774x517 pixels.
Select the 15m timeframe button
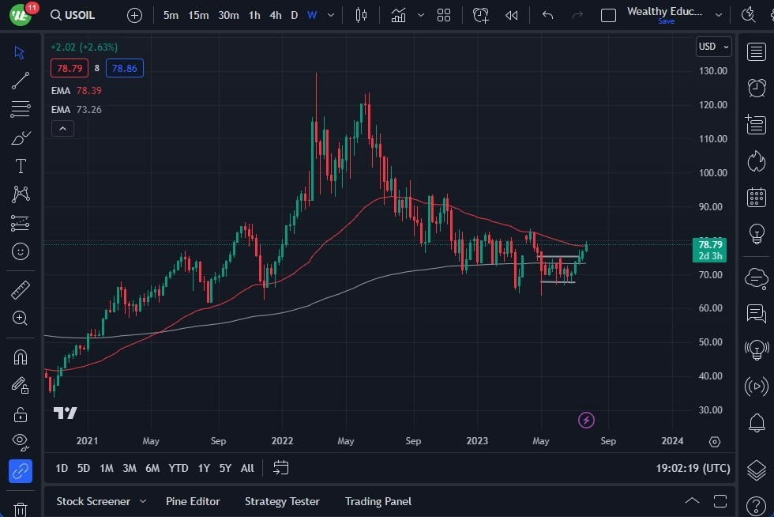tap(198, 15)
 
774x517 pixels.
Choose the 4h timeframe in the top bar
tap(275, 15)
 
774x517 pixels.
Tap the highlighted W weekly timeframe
tap(312, 15)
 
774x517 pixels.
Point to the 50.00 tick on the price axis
tap(712, 342)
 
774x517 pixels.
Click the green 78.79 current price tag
tap(710, 245)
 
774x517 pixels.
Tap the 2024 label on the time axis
tap(672, 441)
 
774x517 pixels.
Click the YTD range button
tap(178, 468)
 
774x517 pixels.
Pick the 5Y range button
tap(225, 468)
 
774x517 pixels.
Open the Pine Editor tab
tap(193, 501)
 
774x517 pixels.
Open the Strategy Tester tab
tap(282, 501)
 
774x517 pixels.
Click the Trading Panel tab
tap(378, 501)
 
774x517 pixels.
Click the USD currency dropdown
tap(713, 47)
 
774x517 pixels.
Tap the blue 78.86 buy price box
tap(125, 68)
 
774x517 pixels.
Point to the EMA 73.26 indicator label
tap(77, 109)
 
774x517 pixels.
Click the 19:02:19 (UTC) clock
tap(693, 468)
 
